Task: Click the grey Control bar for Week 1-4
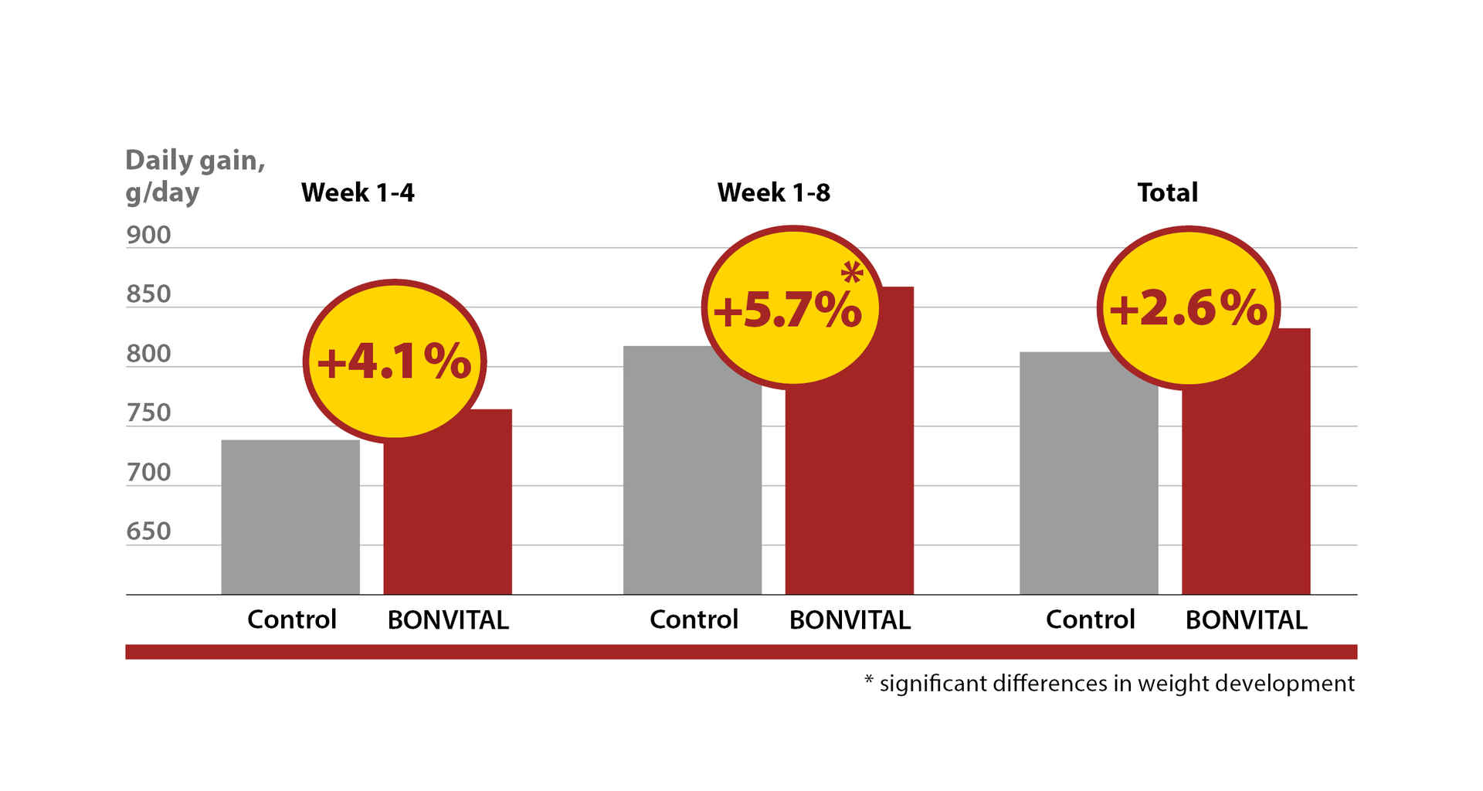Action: coord(290,518)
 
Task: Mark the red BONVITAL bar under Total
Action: coord(1246,494)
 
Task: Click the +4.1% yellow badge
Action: coord(394,361)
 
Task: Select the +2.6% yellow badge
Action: coord(1188,308)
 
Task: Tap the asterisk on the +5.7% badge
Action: coord(852,272)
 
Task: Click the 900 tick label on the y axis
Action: coord(148,235)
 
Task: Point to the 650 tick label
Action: coord(148,531)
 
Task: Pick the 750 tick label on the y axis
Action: coord(148,412)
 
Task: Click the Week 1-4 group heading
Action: coord(358,192)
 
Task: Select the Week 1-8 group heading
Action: coord(773,192)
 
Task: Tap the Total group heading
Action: coord(1167,192)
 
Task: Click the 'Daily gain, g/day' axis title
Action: coord(195,175)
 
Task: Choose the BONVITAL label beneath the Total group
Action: coord(1246,620)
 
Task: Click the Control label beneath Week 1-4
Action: coord(292,620)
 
